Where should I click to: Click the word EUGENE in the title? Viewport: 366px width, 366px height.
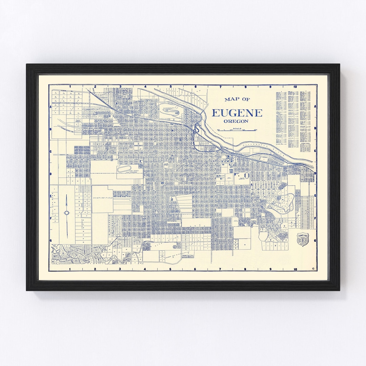(x=237, y=113)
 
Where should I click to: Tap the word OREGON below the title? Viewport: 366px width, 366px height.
(x=236, y=121)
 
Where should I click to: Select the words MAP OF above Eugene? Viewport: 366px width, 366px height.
(x=237, y=100)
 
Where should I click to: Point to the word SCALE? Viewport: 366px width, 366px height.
(x=237, y=128)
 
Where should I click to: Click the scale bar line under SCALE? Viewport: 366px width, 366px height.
(x=237, y=130)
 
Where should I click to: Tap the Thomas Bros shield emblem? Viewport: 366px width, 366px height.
(x=303, y=239)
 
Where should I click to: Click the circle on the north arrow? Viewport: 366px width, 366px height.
(x=67, y=213)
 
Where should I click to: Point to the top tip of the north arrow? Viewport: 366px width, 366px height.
(x=67, y=195)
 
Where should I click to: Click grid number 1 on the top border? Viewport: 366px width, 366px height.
(x=70, y=87)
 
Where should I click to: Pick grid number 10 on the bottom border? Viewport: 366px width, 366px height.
(x=296, y=269)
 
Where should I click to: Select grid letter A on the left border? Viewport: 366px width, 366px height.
(x=50, y=106)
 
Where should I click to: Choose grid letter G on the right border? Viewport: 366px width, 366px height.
(x=315, y=241)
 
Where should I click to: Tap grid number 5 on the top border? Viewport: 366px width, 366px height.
(x=170, y=87)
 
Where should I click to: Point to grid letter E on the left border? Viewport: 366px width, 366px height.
(x=50, y=196)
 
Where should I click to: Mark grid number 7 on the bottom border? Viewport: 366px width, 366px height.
(x=220, y=269)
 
